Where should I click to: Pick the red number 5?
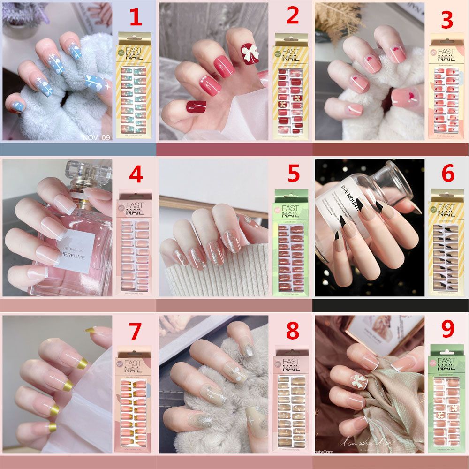[x=293, y=174]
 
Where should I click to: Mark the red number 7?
[x=135, y=331]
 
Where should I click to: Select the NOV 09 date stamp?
[x=96, y=137]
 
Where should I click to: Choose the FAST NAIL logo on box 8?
[x=291, y=365]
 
